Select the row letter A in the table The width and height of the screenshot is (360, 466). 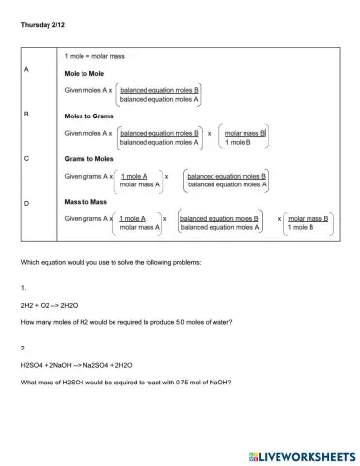tap(26, 70)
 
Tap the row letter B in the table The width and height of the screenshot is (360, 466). tap(26, 114)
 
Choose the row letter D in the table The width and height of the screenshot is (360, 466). tap(26, 202)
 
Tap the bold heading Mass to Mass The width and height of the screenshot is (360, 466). tap(88, 205)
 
